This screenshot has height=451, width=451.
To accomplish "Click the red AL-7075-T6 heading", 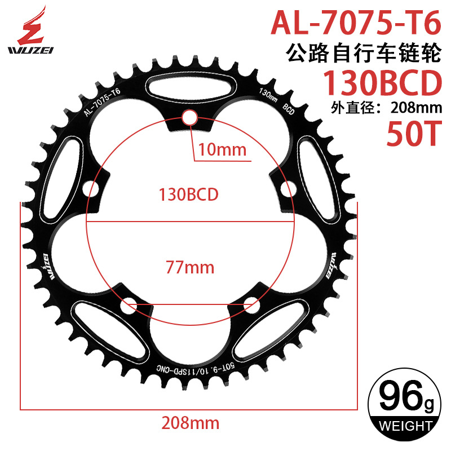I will click(x=355, y=23).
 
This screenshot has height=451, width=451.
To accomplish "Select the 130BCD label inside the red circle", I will click(x=189, y=194).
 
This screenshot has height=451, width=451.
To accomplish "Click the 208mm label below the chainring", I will click(x=190, y=422).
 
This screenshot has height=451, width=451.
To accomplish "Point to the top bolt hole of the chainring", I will click(x=189, y=117).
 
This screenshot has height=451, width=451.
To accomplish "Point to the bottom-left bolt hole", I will click(x=128, y=306).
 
